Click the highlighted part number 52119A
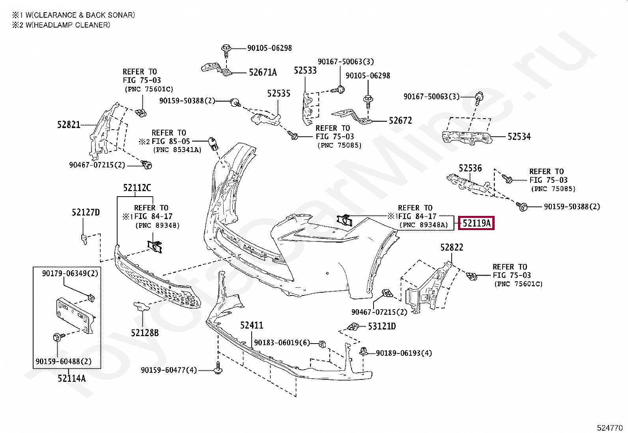(476, 223)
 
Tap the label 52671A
(263, 72)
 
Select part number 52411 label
(251, 325)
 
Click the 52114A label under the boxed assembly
(71, 379)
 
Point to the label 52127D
(86, 213)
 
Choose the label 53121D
(381, 326)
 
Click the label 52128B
(145, 333)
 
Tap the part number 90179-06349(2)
(70, 273)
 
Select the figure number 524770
(610, 427)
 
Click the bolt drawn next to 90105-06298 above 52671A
(226, 50)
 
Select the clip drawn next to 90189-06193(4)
(364, 351)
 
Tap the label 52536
(470, 169)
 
